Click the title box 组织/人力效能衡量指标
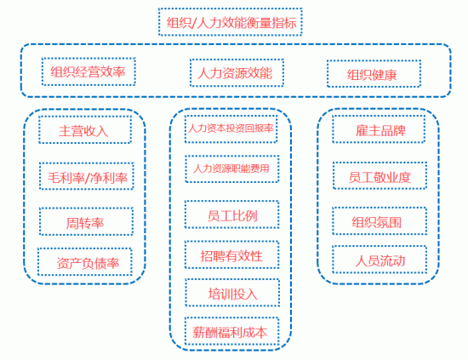click(x=230, y=22)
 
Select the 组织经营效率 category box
click(x=88, y=71)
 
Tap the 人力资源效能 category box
click(x=237, y=73)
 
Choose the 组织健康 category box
click(x=374, y=74)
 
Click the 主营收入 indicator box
click(x=85, y=130)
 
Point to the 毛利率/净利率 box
click(x=87, y=176)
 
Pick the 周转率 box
click(x=86, y=221)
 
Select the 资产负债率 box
click(x=85, y=262)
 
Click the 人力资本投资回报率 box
click(x=231, y=129)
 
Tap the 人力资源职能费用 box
click(x=232, y=169)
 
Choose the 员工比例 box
click(x=232, y=214)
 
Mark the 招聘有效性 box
click(x=232, y=254)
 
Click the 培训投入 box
click(x=232, y=293)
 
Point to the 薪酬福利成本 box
click(x=232, y=331)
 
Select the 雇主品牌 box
click(x=379, y=129)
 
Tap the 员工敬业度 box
click(x=380, y=176)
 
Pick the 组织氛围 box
click(x=380, y=221)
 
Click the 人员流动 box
click(x=380, y=260)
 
